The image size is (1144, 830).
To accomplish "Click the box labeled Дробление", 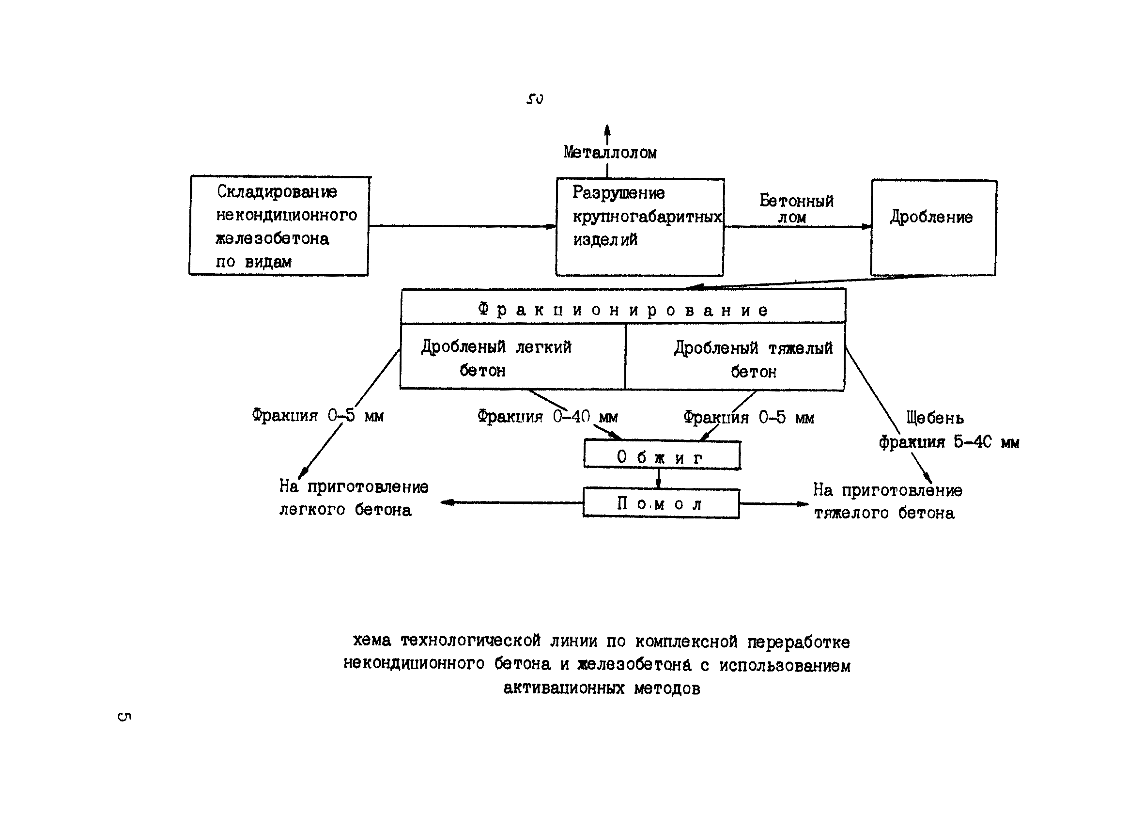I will [x=933, y=227].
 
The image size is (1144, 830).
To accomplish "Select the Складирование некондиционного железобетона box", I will [x=279, y=225].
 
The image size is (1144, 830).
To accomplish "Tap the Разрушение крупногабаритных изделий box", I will [x=640, y=227].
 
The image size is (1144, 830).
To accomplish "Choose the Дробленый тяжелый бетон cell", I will [x=735, y=357].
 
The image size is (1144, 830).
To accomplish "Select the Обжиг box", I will [x=662, y=455].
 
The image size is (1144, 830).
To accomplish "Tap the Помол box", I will [x=661, y=503].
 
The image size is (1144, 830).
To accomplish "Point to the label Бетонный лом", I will [x=796, y=208].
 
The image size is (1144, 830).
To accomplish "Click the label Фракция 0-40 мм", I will [x=547, y=417].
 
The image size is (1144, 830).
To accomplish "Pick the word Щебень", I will [x=935, y=418].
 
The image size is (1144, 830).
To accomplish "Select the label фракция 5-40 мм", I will [x=949, y=442].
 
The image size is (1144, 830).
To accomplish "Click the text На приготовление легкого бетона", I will [x=353, y=498].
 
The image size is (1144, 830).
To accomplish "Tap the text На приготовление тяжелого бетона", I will [x=887, y=501].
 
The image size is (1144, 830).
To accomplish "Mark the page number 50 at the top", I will [x=535, y=99].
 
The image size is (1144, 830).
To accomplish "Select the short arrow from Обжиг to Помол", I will [x=658, y=478].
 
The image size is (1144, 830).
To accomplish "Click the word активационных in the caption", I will [x=563, y=688].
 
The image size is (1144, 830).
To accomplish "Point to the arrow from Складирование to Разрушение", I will [x=462, y=226].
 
